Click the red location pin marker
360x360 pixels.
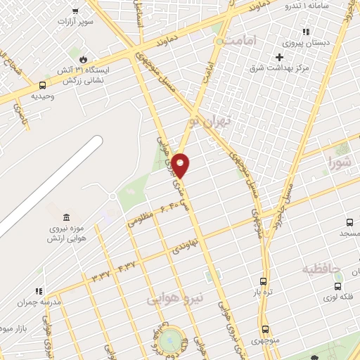(181, 165)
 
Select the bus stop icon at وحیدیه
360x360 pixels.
(43, 86)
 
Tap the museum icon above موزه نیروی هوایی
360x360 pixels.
(66, 217)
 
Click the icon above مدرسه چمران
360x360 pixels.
(40, 290)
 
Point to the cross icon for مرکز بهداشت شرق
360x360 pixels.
(280, 57)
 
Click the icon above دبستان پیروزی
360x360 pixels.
(305, 32)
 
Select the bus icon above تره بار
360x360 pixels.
(263, 280)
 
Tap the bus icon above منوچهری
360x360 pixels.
(265, 329)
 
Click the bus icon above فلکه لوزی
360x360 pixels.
(338, 286)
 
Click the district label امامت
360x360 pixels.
(253, 41)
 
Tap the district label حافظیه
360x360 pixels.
(322, 269)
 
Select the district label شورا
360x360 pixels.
(338, 164)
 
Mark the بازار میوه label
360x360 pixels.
(14, 328)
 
